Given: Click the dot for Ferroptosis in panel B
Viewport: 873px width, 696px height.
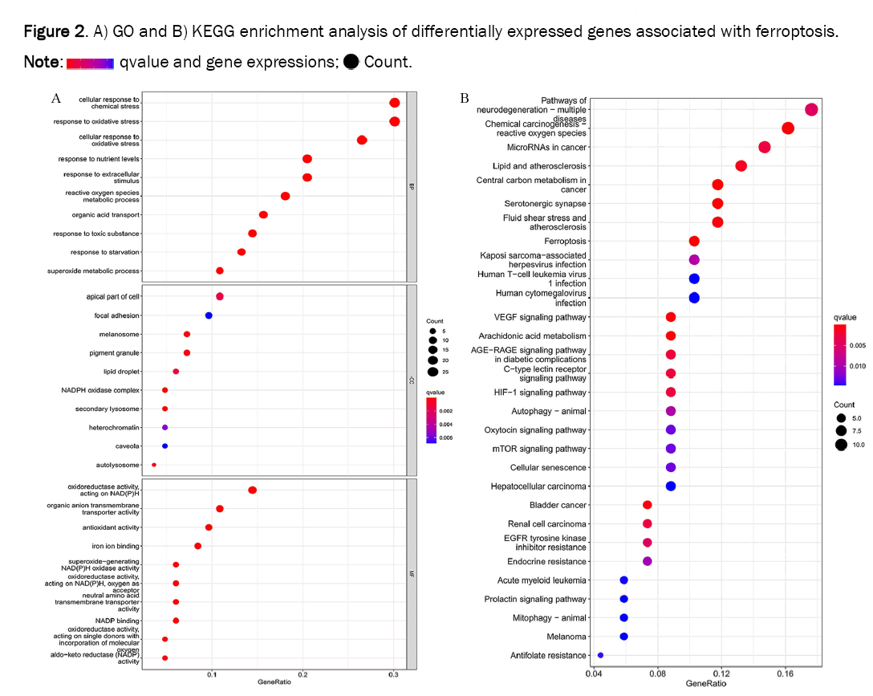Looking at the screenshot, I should coord(694,241).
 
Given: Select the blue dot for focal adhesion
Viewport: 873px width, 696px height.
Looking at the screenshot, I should coord(209,315).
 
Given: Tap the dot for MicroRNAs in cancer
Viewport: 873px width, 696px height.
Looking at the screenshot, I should coord(765,147).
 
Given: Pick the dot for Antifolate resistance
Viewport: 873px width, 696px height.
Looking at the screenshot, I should coord(600,655).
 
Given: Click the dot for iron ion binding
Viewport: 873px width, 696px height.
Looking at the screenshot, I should coord(197,546).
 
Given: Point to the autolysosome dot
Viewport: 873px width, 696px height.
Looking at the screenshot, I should coord(154,465).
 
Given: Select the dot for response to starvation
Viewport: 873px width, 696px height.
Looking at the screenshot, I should coord(242,252).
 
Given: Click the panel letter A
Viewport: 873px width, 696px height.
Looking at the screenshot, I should coord(56,98).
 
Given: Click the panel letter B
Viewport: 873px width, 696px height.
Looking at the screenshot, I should coord(465,98).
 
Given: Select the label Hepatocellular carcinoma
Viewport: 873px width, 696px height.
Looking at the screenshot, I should coord(538,486).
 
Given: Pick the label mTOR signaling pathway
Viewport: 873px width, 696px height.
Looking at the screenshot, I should coord(539,449).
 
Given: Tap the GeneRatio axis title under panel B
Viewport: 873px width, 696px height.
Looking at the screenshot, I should coord(705,683).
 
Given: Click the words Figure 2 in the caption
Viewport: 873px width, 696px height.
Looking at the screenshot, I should coord(53,32).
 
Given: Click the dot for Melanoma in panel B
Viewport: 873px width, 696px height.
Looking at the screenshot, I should coord(623,637).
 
